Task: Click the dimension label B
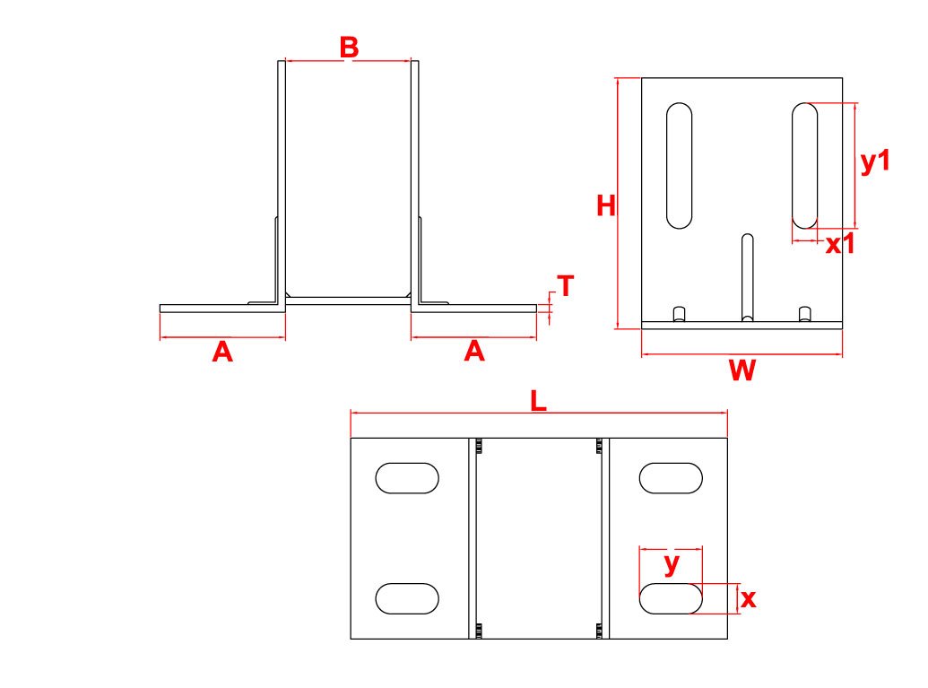(349, 48)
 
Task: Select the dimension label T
(566, 286)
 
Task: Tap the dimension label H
(606, 206)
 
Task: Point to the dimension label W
(742, 370)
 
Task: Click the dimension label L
(538, 401)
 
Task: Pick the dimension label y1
(875, 161)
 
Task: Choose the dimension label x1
(840, 244)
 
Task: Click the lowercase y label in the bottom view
(672, 563)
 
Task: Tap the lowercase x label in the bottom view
(748, 599)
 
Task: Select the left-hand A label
(222, 353)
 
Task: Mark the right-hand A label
(474, 352)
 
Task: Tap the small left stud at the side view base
(680, 314)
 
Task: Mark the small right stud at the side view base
(805, 314)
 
